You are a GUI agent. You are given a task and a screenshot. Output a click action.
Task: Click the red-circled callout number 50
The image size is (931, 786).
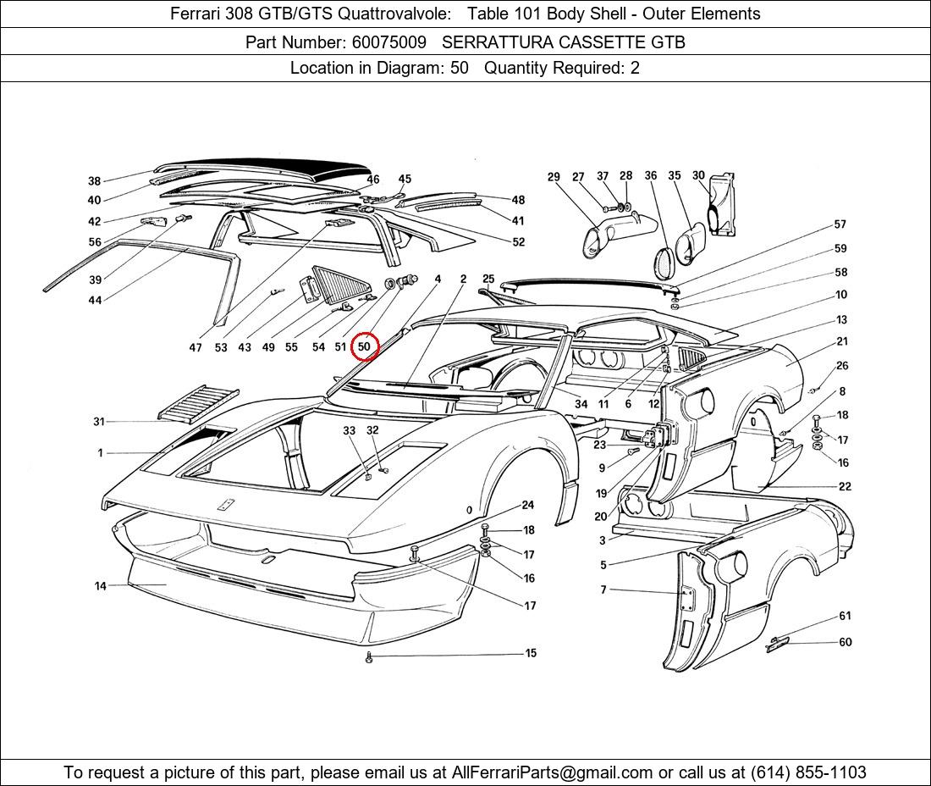364,346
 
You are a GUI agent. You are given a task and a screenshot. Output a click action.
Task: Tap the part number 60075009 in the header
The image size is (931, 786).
389,42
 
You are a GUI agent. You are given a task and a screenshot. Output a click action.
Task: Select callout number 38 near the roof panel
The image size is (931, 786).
95,181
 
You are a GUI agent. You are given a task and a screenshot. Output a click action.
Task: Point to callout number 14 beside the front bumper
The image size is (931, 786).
101,586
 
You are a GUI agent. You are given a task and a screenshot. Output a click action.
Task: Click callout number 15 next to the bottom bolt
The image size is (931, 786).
531,654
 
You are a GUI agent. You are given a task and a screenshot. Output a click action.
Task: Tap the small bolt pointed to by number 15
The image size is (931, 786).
369,656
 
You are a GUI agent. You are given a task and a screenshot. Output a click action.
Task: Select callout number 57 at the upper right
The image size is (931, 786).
840,224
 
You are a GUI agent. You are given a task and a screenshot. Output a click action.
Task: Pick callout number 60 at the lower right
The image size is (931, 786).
846,642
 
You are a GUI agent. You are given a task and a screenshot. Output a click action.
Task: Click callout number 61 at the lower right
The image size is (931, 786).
845,616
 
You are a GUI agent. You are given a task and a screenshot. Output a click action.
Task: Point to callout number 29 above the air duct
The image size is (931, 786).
554,177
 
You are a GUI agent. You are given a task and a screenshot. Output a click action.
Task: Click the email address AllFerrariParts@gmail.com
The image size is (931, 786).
552,772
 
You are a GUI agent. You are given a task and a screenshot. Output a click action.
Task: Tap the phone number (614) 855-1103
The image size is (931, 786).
808,772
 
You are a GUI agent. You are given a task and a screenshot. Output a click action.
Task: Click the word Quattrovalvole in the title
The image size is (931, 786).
394,14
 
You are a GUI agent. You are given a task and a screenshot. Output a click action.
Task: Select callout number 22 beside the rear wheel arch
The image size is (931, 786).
845,486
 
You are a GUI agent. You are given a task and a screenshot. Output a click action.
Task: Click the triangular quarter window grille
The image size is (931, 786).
339,285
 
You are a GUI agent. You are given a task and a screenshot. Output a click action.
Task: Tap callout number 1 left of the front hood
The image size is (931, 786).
101,452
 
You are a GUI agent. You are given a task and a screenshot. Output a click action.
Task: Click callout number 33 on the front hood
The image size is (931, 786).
349,430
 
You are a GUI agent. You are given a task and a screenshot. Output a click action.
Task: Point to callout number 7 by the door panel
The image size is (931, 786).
603,590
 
